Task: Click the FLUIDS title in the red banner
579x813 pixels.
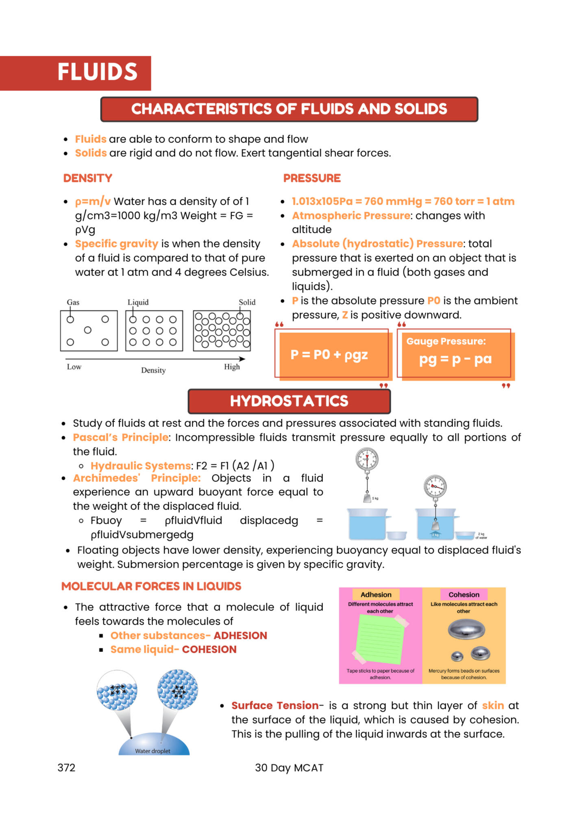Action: [x=98, y=72]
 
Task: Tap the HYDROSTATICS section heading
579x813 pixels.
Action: [x=289, y=401]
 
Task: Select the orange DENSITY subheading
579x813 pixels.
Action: [x=87, y=178]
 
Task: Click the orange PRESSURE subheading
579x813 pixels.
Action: [x=312, y=178]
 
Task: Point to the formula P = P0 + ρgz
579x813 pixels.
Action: [x=329, y=355]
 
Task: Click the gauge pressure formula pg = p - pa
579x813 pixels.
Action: [x=455, y=359]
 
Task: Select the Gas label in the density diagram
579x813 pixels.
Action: [x=73, y=302]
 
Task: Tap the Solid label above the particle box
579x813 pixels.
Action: [x=247, y=302]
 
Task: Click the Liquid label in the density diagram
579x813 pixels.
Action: [x=138, y=302]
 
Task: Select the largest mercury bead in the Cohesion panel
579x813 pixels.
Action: [x=466, y=630]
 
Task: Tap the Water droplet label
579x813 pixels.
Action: [x=152, y=751]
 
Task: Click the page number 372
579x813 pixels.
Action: [x=67, y=768]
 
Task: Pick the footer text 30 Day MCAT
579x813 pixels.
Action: [x=289, y=768]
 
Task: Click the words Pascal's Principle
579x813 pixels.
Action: [x=121, y=437]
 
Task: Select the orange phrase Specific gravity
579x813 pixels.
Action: [x=117, y=244]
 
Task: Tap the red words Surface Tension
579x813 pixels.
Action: [x=275, y=706]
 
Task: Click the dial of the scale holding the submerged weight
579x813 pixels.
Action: [x=435, y=486]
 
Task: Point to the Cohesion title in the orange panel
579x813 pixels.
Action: [x=464, y=594]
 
